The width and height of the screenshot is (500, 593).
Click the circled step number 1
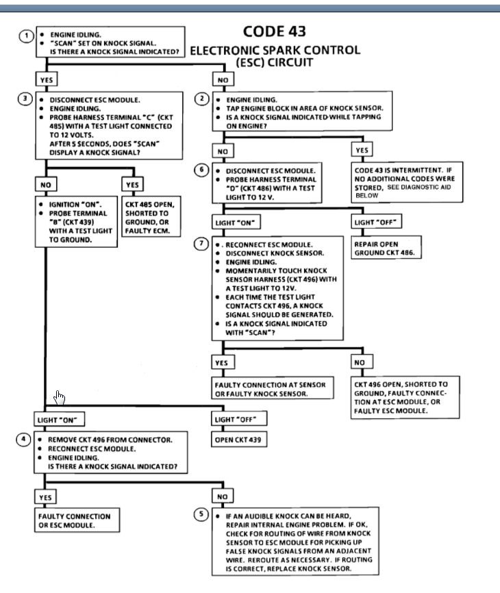pyautogui.click(x=24, y=36)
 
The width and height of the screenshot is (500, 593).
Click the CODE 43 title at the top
pyautogui.click(x=274, y=32)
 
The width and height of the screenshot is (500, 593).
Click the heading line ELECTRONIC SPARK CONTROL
pyautogui.click(x=274, y=50)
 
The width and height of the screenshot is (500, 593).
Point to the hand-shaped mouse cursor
pyautogui.click(x=60, y=397)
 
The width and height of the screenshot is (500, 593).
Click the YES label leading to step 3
pyautogui.click(x=47, y=79)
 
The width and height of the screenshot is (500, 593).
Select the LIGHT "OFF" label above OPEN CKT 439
pyautogui.click(x=239, y=418)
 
